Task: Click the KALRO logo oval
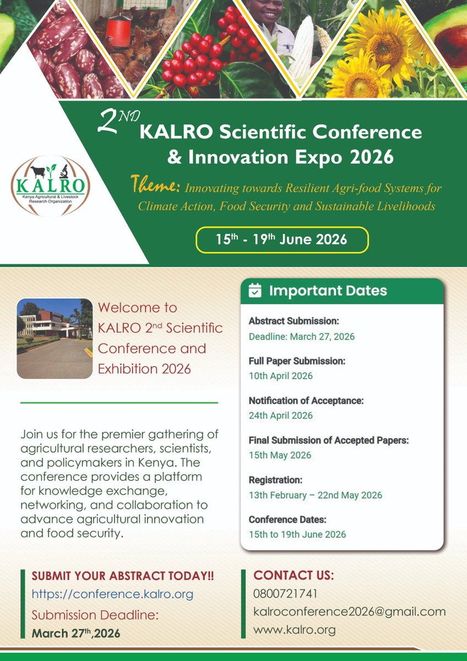point(51,186)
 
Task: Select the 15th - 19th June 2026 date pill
point(281,239)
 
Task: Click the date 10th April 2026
point(280,376)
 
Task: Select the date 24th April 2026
point(280,416)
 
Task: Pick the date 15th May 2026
point(280,455)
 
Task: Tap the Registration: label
point(275,480)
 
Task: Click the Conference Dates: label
point(287,519)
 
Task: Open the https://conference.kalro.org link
point(112,594)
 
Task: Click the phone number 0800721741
point(285,594)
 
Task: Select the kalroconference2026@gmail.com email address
point(349,611)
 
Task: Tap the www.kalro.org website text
point(294,630)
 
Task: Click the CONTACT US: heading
point(293,576)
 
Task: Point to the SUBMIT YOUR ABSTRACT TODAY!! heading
point(123,576)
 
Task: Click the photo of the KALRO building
point(55,338)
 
